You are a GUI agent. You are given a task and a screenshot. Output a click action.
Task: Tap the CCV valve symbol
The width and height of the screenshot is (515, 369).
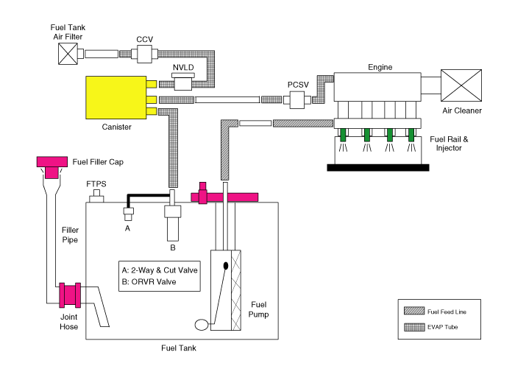144,53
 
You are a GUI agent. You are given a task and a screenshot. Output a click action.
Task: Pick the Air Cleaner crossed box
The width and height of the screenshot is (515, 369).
461,87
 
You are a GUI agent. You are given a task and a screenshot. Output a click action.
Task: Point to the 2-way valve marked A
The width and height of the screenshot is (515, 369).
128,213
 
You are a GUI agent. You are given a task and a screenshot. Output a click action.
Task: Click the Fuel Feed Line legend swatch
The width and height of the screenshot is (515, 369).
409,312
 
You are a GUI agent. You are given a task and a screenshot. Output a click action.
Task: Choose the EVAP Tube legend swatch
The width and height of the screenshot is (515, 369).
409,326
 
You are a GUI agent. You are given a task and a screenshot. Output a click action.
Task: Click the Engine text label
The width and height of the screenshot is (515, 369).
380,67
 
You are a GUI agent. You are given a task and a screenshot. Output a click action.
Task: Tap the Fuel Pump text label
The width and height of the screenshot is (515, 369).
260,309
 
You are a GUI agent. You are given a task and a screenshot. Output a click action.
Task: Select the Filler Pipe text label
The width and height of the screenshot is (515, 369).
68,235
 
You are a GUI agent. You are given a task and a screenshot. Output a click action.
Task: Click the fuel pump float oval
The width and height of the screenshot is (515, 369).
202,323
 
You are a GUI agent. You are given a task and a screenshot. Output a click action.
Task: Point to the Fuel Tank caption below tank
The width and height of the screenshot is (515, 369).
181,348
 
